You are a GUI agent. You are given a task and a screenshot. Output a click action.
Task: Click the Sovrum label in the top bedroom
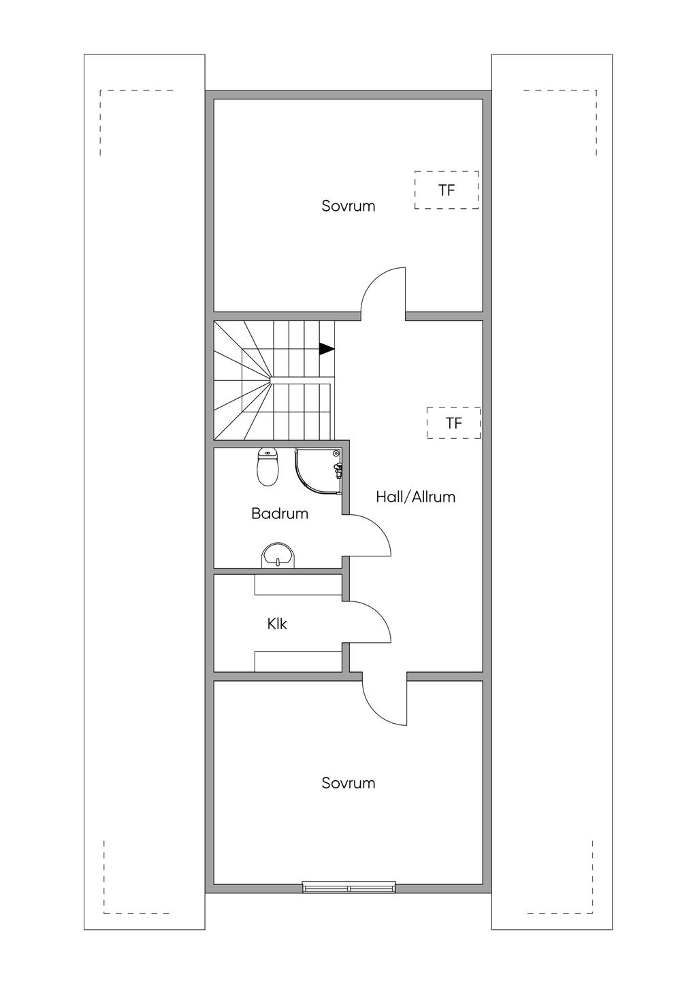pos(348,206)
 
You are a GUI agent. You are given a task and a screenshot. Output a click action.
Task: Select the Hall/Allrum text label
pos(415,497)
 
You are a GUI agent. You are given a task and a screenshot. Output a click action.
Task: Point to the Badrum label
pos(280,513)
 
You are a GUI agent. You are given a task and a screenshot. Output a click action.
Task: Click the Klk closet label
pos(277,624)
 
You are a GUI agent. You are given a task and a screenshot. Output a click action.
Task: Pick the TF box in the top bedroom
pos(447,190)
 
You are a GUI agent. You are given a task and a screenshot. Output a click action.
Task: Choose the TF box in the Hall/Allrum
pos(453,423)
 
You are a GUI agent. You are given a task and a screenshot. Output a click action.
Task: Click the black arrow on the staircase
pos(327,349)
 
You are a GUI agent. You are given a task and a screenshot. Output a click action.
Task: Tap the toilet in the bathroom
pos(268,467)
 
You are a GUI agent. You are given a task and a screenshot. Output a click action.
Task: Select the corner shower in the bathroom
pos(318,471)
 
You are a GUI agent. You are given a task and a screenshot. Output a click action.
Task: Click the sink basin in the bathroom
pos(279,556)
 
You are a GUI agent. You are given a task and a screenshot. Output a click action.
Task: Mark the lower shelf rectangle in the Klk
pos(298,661)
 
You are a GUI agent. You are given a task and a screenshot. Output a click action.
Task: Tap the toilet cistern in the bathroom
pos(268,452)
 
